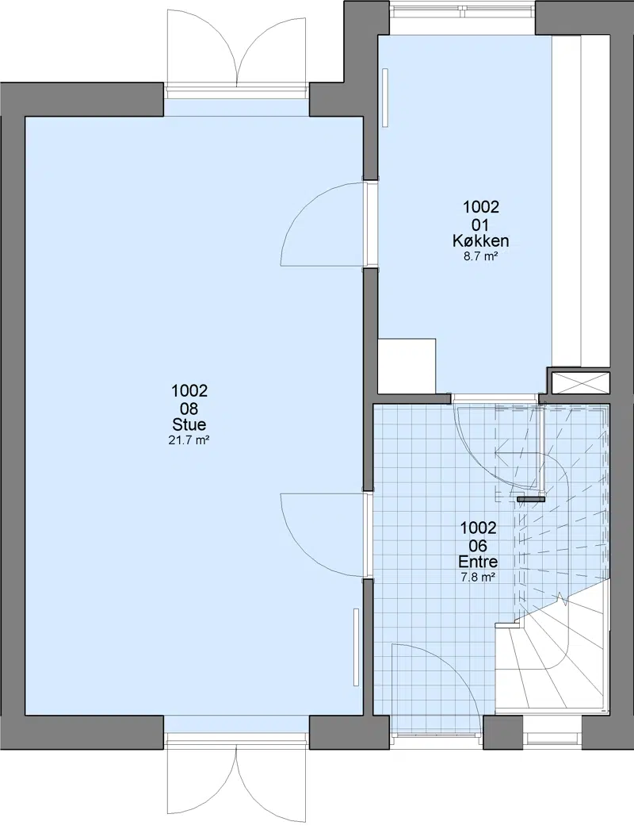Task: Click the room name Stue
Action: [x=189, y=425]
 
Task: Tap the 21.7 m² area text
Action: [x=189, y=441]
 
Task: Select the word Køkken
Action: [x=480, y=240]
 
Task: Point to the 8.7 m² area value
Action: [x=480, y=256]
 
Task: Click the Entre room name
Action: [x=479, y=562]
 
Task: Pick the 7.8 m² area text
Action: [x=479, y=577]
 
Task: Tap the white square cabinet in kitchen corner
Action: [x=407, y=366]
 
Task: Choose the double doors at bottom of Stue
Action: [x=235, y=785]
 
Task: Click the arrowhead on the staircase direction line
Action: [x=500, y=454]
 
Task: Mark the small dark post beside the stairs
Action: [x=531, y=498]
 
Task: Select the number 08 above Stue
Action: [x=189, y=409]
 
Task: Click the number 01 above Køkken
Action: [x=480, y=225]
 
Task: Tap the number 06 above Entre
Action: [x=479, y=546]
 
